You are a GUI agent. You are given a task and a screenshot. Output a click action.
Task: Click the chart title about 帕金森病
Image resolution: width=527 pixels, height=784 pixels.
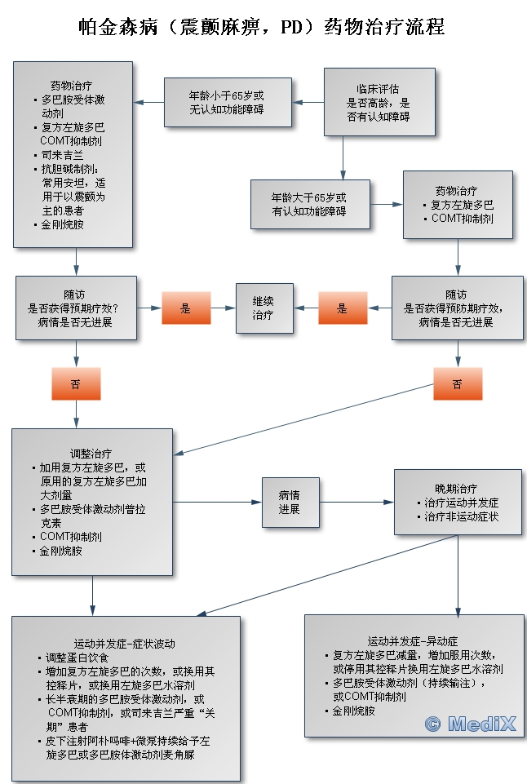263,26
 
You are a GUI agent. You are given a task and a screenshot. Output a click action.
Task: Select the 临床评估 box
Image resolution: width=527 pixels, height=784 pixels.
377,102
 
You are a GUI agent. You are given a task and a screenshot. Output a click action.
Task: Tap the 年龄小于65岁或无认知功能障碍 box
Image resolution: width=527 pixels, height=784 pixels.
227,102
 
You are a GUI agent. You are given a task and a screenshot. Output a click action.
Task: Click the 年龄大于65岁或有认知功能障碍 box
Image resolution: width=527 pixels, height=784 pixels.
309,204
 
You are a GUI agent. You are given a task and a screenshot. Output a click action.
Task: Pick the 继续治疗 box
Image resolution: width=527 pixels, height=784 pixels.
264,308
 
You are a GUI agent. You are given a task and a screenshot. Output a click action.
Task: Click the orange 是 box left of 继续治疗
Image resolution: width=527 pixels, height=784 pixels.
185,308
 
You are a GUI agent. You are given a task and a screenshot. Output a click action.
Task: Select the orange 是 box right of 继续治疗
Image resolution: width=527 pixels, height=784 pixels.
342,308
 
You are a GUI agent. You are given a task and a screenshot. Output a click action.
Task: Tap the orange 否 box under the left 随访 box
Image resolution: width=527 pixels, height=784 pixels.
76,383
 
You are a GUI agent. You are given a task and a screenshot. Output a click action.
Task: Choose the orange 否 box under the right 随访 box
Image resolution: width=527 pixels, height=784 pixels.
457,383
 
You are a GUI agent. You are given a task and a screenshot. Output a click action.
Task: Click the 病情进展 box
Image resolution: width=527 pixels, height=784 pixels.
289,502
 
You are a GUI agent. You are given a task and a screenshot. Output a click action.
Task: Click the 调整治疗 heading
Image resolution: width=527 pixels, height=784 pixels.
91,454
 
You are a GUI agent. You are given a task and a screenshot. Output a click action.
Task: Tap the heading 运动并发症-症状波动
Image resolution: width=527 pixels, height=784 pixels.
125,643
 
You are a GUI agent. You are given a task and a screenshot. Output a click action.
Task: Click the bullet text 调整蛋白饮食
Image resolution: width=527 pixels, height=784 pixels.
82,658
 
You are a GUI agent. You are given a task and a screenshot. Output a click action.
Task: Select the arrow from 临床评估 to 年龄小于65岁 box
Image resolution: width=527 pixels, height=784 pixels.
310,102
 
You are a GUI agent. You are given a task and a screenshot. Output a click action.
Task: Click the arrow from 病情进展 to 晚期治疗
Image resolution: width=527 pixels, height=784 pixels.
355,502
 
